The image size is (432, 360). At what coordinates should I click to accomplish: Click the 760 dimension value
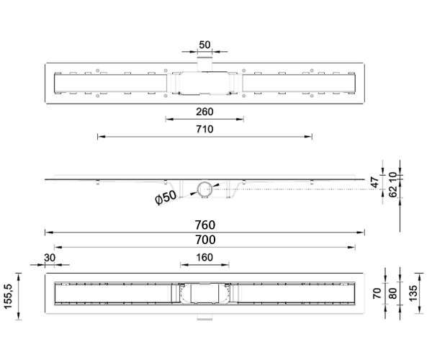coord(205,225)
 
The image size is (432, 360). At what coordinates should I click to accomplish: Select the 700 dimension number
coord(205,240)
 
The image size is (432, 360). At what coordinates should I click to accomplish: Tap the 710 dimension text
coord(204,129)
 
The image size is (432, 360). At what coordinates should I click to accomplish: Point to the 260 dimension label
coord(204,112)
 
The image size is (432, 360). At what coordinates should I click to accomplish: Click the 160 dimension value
coord(204,257)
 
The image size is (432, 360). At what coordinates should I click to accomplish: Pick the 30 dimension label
coord(50,258)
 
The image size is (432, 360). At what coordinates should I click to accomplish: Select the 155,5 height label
coord(9,296)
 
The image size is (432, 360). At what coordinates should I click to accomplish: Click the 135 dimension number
coord(413,293)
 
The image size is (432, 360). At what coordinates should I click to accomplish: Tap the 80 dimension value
coord(392,293)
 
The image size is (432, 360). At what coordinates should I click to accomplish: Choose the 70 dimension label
coord(377,293)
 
